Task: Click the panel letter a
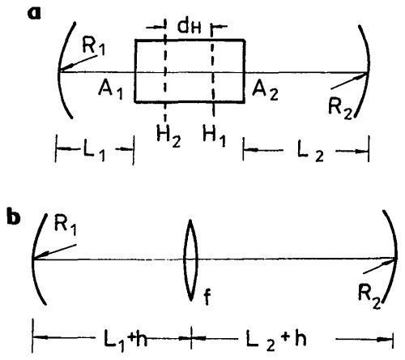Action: pyautogui.click(x=34, y=14)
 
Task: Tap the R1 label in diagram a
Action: pyautogui.click(x=94, y=46)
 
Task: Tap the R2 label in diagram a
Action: pyautogui.click(x=340, y=109)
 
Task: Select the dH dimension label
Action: pyautogui.click(x=190, y=27)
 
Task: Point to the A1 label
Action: pyautogui.click(x=110, y=90)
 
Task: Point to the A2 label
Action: pyautogui.click(x=265, y=92)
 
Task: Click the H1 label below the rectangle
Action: pyautogui.click(x=214, y=136)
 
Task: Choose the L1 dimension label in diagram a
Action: pyautogui.click(x=93, y=152)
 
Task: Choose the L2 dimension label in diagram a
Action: pyautogui.click(x=310, y=152)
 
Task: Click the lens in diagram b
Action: pyautogui.click(x=190, y=260)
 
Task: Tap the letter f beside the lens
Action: pyautogui.click(x=207, y=296)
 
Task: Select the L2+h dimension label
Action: pyautogui.click(x=276, y=340)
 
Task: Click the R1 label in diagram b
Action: pyautogui.click(x=66, y=225)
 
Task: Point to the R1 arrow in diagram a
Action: pyautogui.click(x=79, y=63)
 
